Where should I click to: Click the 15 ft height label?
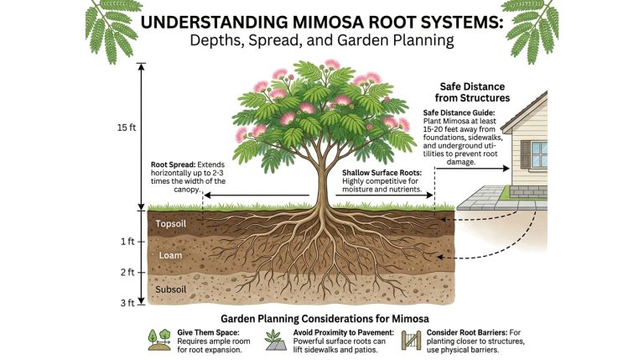coord(126,128)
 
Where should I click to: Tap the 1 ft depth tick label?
coord(127,242)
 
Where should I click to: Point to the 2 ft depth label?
coord(127,272)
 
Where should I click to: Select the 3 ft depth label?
coord(127,303)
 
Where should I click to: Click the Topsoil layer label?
coord(170,224)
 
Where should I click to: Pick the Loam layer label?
coord(170,255)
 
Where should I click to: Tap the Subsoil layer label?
coord(170,290)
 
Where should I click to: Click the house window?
coord(539,154)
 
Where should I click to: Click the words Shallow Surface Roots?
coord(382,173)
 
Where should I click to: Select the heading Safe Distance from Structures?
coord(472,92)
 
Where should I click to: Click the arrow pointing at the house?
coord(472,168)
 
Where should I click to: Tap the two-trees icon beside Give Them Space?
coord(159,340)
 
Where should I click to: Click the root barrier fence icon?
coord(411,341)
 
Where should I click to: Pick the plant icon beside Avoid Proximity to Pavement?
coord(276,340)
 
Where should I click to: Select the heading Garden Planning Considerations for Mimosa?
coord(325,319)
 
